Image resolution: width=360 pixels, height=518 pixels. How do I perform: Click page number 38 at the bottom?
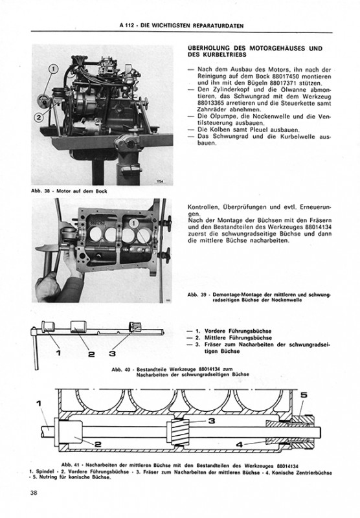coord(34,493)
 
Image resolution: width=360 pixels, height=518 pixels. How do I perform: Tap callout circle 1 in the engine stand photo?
coord(53,69)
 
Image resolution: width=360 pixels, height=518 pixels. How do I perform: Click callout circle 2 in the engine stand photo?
coord(39,118)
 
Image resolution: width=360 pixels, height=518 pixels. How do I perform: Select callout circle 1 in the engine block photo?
coord(134,223)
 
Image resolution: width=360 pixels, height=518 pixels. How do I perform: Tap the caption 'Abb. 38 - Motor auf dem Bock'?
coord(69,191)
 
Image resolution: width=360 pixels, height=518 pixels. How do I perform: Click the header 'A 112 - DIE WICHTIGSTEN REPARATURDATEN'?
coord(182,25)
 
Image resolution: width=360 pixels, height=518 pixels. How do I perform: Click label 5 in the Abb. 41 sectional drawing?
coord(304,395)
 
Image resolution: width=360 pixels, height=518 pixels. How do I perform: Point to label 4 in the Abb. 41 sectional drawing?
coord(240,445)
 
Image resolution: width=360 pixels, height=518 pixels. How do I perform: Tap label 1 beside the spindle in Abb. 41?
coord(39,403)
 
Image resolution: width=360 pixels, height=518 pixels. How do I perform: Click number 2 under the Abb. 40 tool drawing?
coord(92,354)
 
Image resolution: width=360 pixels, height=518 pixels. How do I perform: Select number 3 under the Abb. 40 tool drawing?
coord(112,353)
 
